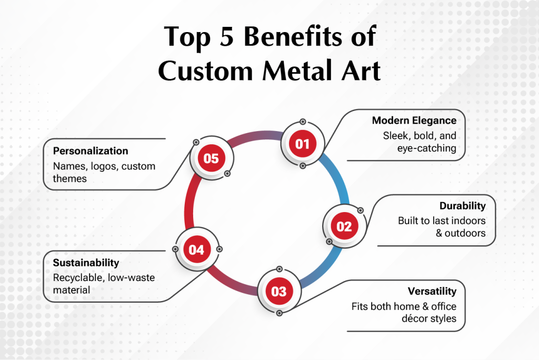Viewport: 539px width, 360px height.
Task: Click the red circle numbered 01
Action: pos(303,144)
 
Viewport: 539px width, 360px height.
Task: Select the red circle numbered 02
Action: pos(344,226)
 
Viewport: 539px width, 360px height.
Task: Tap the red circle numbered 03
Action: pos(279,291)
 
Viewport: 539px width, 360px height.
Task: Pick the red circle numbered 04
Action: pos(196,249)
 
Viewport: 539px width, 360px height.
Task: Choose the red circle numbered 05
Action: pos(211,158)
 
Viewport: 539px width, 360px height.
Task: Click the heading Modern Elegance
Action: pos(414,121)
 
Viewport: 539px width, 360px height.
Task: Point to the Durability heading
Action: pos(463,206)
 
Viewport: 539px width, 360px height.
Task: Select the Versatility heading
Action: pos(432,291)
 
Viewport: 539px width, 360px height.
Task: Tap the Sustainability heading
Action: pos(86,263)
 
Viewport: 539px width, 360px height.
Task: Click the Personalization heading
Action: pos(91,151)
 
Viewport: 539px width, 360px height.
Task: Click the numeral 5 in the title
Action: pos(226,36)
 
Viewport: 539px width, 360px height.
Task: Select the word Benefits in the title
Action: pos(293,36)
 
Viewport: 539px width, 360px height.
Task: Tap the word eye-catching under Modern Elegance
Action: pos(427,148)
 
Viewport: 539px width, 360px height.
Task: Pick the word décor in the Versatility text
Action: pos(414,318)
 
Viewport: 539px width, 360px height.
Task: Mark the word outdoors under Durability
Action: pos(465,233)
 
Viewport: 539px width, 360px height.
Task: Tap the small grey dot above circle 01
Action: pos(303,122)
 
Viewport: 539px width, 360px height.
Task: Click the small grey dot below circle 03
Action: pos(280,313)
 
